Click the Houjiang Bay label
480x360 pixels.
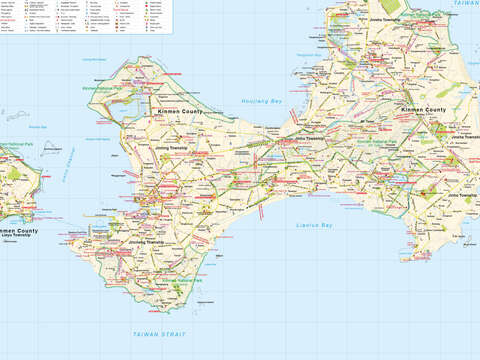point(262,101)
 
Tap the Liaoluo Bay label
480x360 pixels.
point(315,225)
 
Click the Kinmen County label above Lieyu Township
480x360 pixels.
point(19,232)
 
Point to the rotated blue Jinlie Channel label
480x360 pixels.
point(69,165)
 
